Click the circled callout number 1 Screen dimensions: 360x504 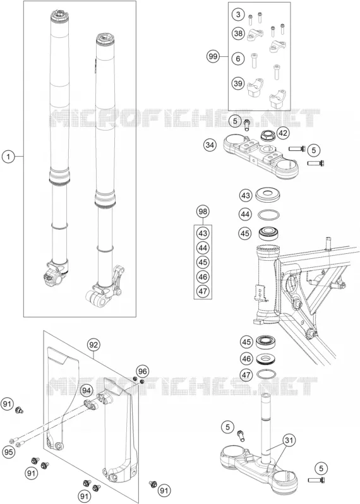tap(9, 157)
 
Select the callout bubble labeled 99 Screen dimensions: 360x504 tap(212, 57)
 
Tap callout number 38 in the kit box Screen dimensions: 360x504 tap(238, 33)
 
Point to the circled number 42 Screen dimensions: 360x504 tap(283, 133)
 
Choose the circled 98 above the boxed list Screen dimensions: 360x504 tap(203, 212)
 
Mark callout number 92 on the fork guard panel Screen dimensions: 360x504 tap(93, 345)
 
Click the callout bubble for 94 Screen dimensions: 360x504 tap(86, 390)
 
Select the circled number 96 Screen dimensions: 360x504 tap(142, 371)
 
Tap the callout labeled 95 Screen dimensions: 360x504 tap(9, 452)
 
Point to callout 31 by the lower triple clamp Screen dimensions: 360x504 tap(289, 440)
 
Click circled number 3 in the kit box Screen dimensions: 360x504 tap(238, 15)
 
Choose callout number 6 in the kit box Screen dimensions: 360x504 tap(238, 59)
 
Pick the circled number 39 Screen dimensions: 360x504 tap(238, 83)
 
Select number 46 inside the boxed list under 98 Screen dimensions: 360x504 tap(203, 277)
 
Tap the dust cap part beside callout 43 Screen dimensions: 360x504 tap(268, 195)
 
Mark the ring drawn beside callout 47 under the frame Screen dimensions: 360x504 tap(267, 374)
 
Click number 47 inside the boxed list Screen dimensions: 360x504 tap(203, 291)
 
